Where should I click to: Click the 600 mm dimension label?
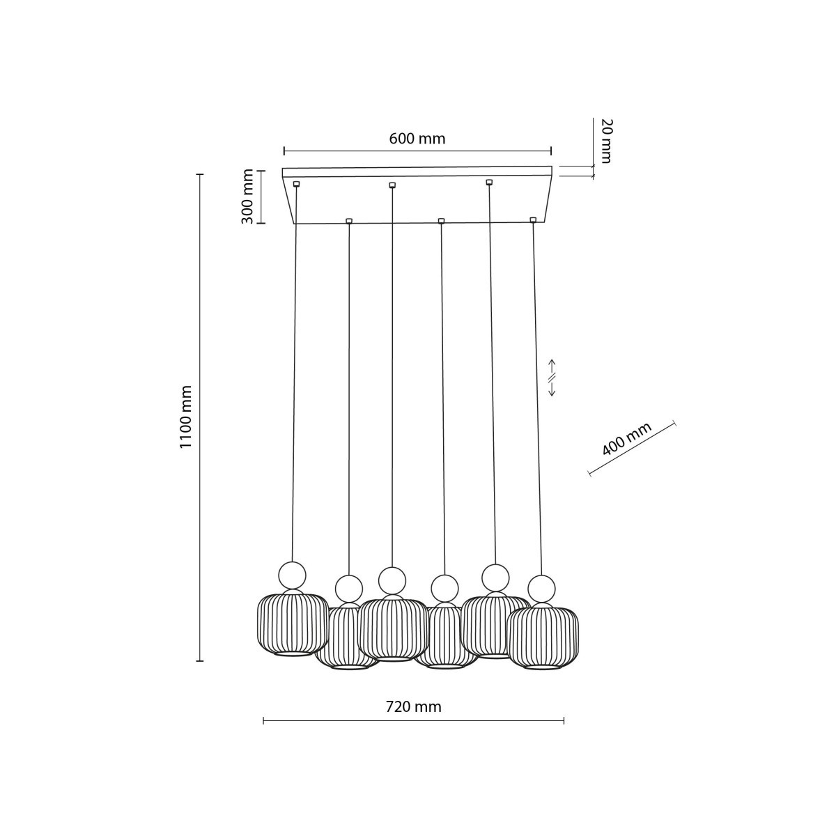pos(417,139)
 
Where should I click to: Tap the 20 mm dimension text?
pos(605,141)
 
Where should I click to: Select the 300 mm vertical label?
pos(247,197)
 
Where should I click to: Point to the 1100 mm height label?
pos(185,417)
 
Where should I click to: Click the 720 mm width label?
pos(413,706)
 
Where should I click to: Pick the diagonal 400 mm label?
pos(626,439)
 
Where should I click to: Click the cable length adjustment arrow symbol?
pos(551,378)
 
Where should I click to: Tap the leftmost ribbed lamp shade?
pos(292,623)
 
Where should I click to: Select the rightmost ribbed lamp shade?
pos(543,637)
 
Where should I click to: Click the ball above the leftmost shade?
pos(292,575)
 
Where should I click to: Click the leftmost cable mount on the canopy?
pos(297,184)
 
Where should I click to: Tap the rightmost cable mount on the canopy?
pos(533,220)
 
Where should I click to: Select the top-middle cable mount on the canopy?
pos(392,185)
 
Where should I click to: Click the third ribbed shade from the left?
pos(393,627)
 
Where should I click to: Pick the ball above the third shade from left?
pos(392,580)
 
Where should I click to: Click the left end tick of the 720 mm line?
pos(263,720)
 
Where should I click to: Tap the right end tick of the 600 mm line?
pos(551,150)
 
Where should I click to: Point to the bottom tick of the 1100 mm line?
pos(201,660)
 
